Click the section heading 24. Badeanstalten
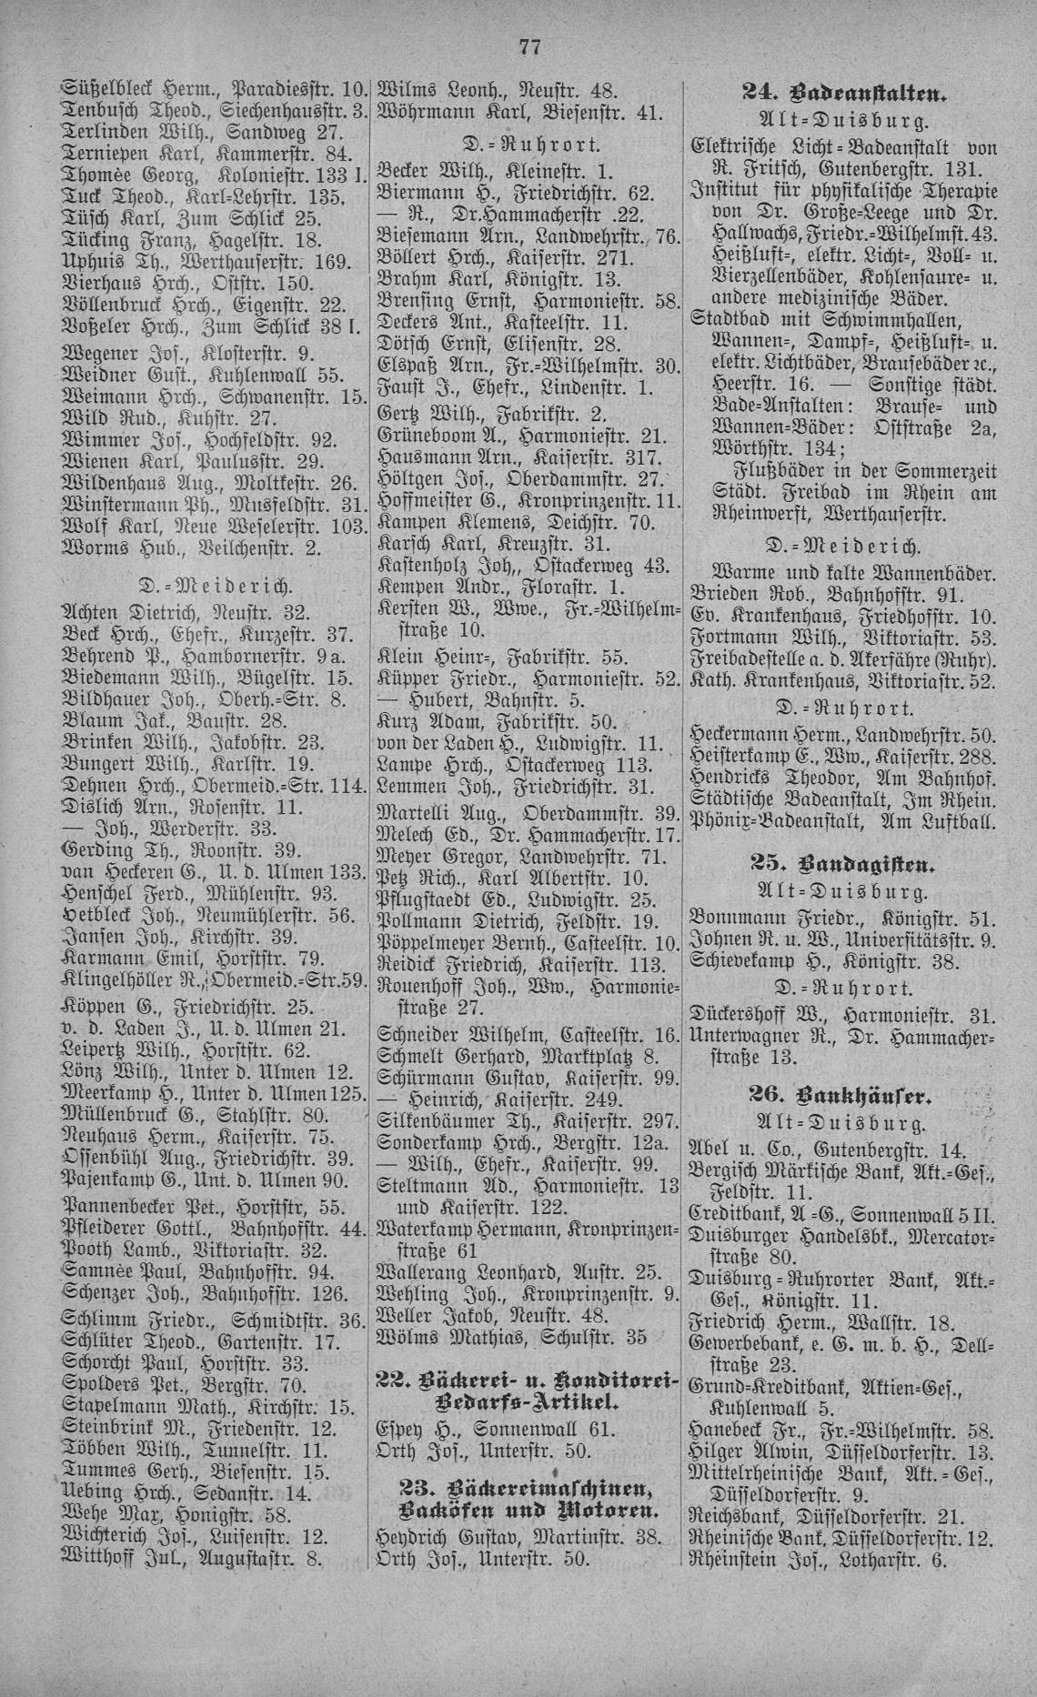point(845,91)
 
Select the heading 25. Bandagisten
point(845,860)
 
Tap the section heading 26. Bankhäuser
point(845,1095)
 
